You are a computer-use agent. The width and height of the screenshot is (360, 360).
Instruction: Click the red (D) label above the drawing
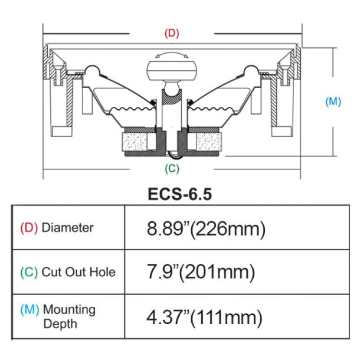[x=172, y=33]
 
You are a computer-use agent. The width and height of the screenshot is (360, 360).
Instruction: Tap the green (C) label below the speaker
[x=172, y=168]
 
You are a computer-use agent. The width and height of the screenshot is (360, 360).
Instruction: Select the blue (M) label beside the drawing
[x=333, y=102]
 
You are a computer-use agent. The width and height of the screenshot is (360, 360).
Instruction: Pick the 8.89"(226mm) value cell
[x=206, y=228]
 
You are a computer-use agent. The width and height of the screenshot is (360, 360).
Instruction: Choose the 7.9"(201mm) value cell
[x=201, y=272]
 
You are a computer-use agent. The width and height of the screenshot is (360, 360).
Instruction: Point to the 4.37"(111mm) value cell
[x=204, y=318]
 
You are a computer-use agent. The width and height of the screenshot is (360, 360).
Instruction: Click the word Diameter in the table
[x=67, y=228]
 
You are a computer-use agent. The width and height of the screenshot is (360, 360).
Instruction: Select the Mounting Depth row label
[x=68, y=316]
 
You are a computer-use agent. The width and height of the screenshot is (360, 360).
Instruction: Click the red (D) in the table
[x=29, y=228]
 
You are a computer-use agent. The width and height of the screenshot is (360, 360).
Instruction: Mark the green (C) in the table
[x=29, y=272]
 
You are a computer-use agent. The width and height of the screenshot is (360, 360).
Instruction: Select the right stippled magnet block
[x=206, y=142]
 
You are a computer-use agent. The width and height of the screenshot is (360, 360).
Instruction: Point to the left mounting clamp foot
[x=61, y=130]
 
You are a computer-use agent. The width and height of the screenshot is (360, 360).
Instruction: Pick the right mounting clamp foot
[x=281, y=130]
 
